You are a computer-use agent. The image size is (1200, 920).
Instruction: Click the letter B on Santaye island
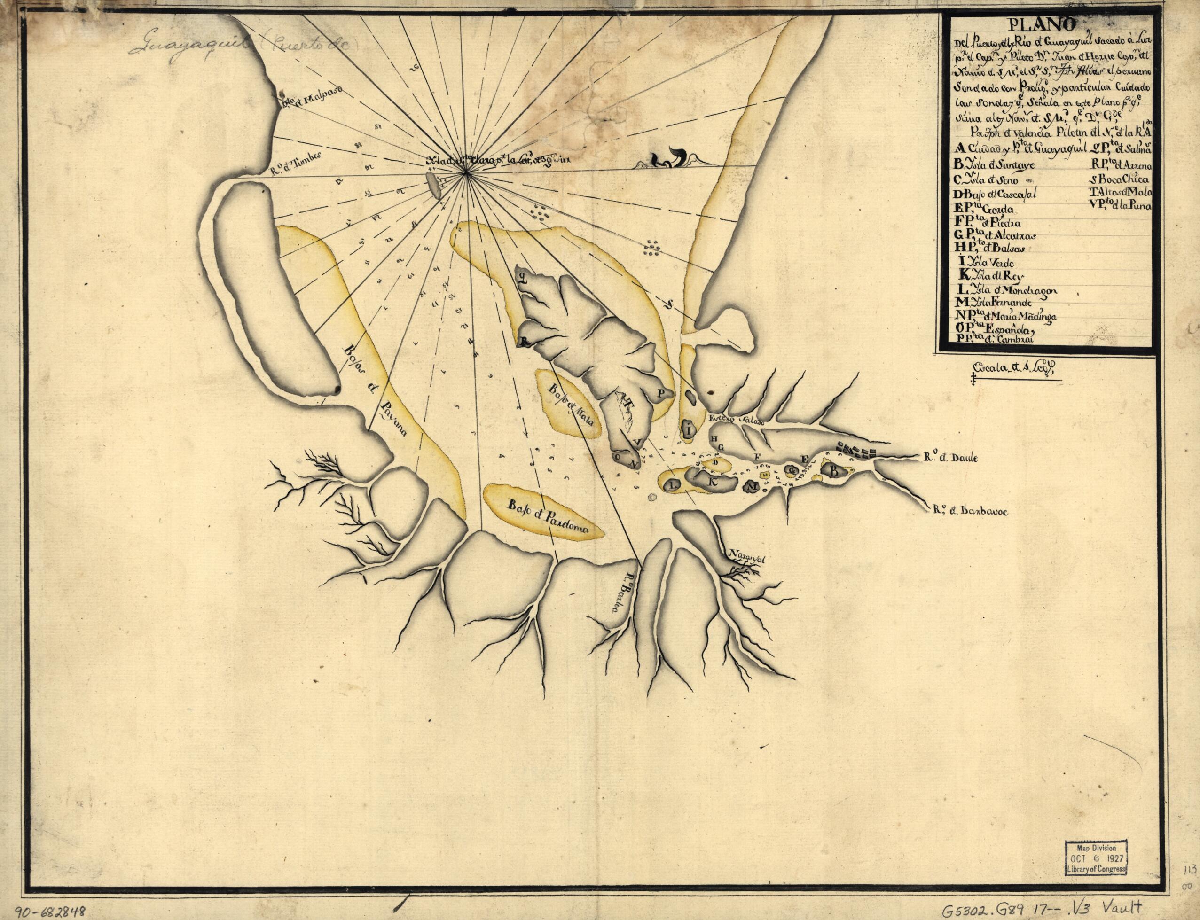coord(835,470)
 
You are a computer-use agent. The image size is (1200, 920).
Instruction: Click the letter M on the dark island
coord(753,486)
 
